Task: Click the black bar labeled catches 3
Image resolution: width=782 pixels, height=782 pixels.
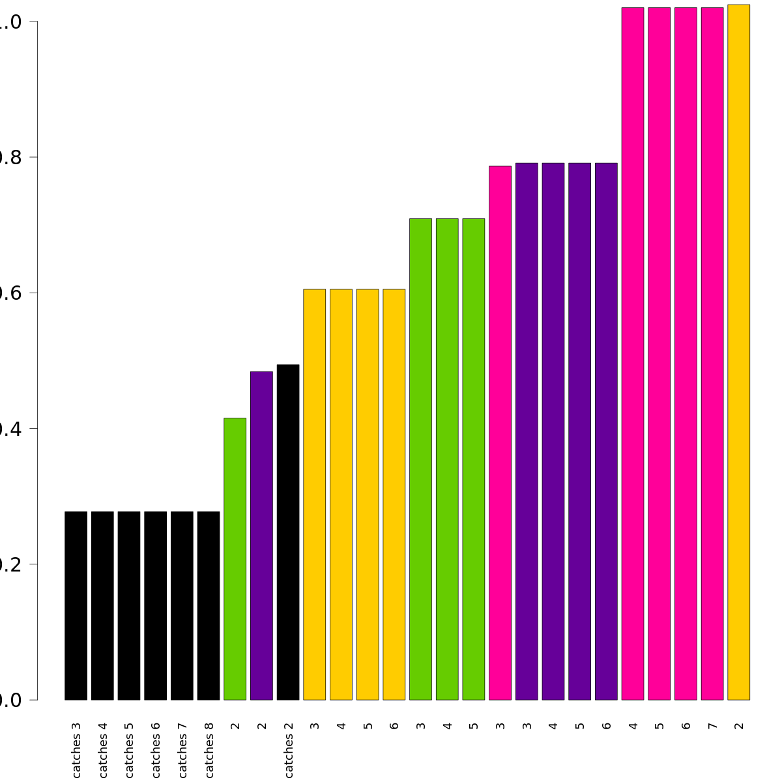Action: (76, 605)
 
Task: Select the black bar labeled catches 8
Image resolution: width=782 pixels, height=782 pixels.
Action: (209, 605)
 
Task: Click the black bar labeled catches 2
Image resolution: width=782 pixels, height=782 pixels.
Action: (288, 532)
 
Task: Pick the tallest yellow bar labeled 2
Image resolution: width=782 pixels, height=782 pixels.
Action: (739, 352)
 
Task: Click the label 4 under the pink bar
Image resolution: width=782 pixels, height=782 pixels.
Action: (633, 725)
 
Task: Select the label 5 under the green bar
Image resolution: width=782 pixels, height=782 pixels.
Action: (474, 725)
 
